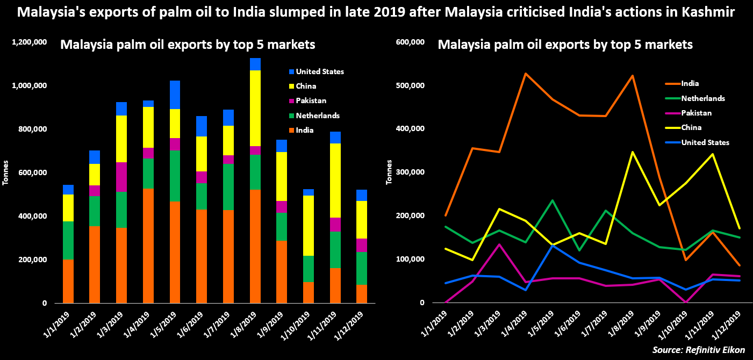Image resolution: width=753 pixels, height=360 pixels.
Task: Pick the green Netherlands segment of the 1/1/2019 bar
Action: coord(68,240)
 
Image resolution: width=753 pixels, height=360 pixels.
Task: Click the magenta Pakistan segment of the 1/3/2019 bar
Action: coord(122,177)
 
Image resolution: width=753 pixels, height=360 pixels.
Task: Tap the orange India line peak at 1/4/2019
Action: coord(525,74)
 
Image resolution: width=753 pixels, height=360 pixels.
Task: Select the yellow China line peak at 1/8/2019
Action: coord(633,152)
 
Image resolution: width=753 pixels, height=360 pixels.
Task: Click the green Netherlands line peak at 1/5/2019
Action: coord(552,200)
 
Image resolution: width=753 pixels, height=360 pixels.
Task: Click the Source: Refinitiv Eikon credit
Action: coord(698,350)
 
